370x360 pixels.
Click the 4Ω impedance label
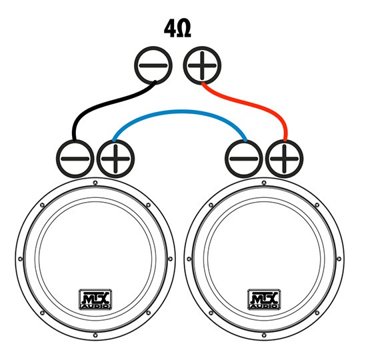177,30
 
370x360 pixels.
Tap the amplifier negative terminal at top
153,65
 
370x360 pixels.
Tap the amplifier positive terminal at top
202,65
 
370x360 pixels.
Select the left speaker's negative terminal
75,159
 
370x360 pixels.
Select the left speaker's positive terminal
115,159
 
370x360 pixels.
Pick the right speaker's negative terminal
244,159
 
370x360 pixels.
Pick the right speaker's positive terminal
285,159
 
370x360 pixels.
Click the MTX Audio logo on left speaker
95,299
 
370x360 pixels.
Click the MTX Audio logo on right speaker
264,299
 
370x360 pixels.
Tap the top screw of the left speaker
95,183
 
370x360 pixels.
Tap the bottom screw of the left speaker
95,335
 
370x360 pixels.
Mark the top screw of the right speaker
264,183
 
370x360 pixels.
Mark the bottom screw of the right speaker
264,335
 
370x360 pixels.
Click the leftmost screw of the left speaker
20,259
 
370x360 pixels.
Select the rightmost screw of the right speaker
339,259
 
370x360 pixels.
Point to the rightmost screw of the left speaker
170,259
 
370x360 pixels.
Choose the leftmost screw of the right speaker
189,259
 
